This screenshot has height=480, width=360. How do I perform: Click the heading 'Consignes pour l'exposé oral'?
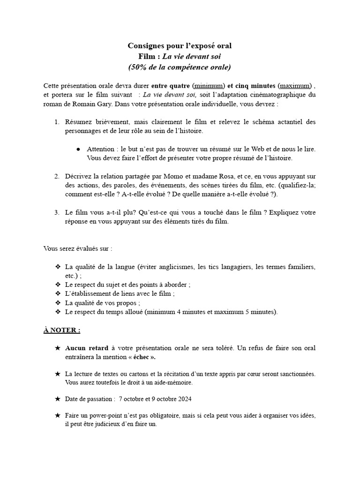[x=180, y=45]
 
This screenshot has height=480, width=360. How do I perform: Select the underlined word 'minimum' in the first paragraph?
[x=209, y=86]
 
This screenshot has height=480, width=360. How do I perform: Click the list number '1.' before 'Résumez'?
[x=56, y=122]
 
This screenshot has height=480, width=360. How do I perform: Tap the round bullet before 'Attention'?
[x=78, y=149]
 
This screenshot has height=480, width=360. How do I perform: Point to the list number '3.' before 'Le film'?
[x=56, y=212]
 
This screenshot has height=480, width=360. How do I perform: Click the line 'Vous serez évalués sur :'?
[x=78, y=248]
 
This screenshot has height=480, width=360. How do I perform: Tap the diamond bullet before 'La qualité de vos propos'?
[x=58, y=303]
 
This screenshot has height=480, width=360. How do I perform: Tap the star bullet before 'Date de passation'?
[x=58, y=399]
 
